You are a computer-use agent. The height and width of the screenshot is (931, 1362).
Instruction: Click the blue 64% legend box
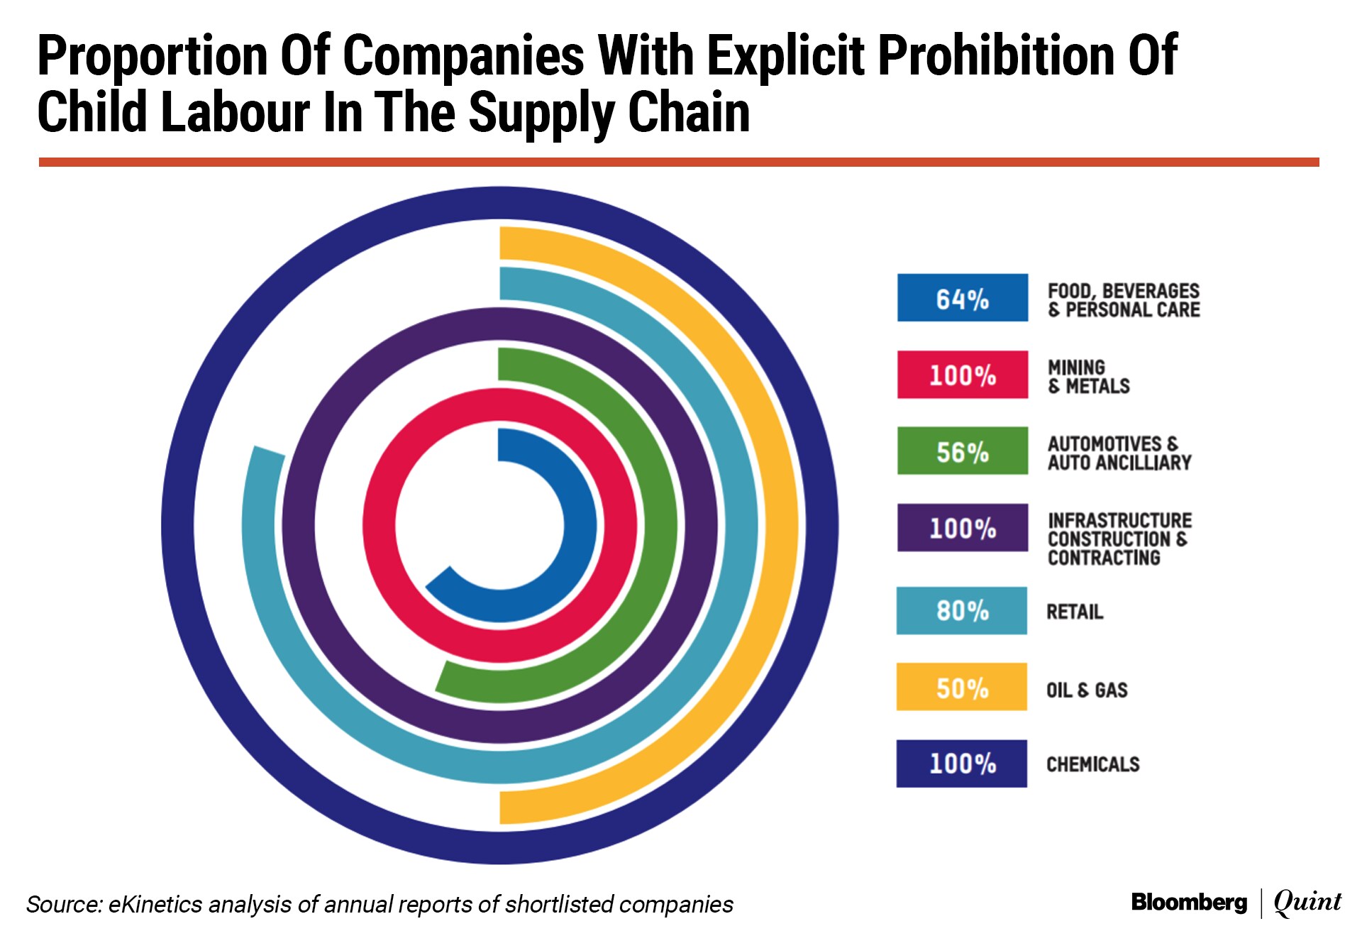coord(962,298)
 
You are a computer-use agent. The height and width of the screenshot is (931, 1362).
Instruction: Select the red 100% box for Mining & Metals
coord(962,375)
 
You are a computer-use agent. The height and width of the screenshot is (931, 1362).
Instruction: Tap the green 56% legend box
coord(962,451)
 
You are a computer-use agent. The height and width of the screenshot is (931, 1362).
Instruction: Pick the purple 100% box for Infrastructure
coord(962,528)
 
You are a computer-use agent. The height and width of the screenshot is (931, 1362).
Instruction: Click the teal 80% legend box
coord(961,610)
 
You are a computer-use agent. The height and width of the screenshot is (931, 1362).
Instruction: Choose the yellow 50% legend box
coord(961,687)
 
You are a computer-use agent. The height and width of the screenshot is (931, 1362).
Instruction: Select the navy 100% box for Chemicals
coord(961,764)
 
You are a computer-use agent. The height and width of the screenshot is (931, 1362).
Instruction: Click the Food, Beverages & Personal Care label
coord(1124,300)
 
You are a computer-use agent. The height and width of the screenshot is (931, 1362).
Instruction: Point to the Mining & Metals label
coord(1088,377)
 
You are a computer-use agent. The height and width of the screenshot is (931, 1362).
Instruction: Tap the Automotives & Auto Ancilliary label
coord(1119,453)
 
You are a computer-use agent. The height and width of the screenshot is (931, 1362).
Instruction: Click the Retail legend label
coord(1075,612)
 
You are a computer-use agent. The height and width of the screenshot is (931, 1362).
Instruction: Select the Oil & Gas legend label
coord(1087,690)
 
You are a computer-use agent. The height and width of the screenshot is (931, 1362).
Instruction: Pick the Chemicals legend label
coord(1092,764)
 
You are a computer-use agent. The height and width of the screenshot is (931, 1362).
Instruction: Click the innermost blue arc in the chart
coord(580,525)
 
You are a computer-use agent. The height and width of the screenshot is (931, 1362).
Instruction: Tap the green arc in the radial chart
coord(660,525)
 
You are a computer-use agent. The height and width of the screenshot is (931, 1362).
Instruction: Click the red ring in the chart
coord(379,525)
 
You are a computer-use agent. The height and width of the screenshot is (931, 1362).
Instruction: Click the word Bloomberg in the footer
coord(1189,903)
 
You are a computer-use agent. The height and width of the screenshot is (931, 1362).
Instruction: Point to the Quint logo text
coord(1307,902)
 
